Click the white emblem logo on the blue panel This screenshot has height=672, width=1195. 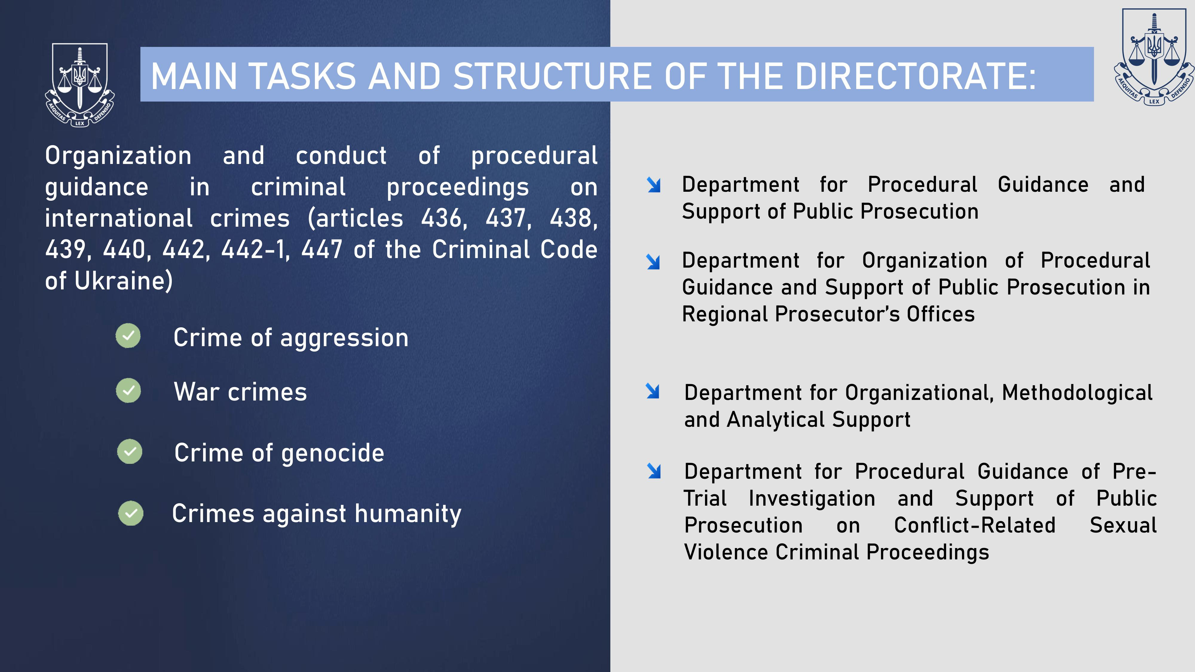click(80, 85)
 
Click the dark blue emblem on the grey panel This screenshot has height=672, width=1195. click(1154, 56)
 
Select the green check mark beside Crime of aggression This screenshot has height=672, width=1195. click(128, 335)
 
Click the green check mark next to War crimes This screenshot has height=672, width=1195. click(128, 390)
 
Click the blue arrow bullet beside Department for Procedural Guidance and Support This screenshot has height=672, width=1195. click(654, 185)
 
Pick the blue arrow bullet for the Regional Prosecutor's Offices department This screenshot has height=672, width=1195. click(653, 262)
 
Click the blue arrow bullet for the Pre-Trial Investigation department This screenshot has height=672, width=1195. click(654, 471)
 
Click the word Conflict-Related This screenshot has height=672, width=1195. click(975, 525)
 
